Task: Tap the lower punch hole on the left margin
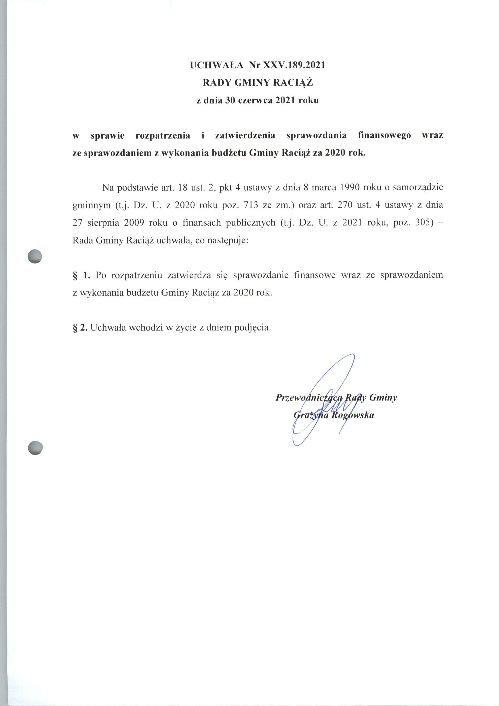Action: coord(35,447)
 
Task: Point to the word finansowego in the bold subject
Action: coord(384,136)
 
